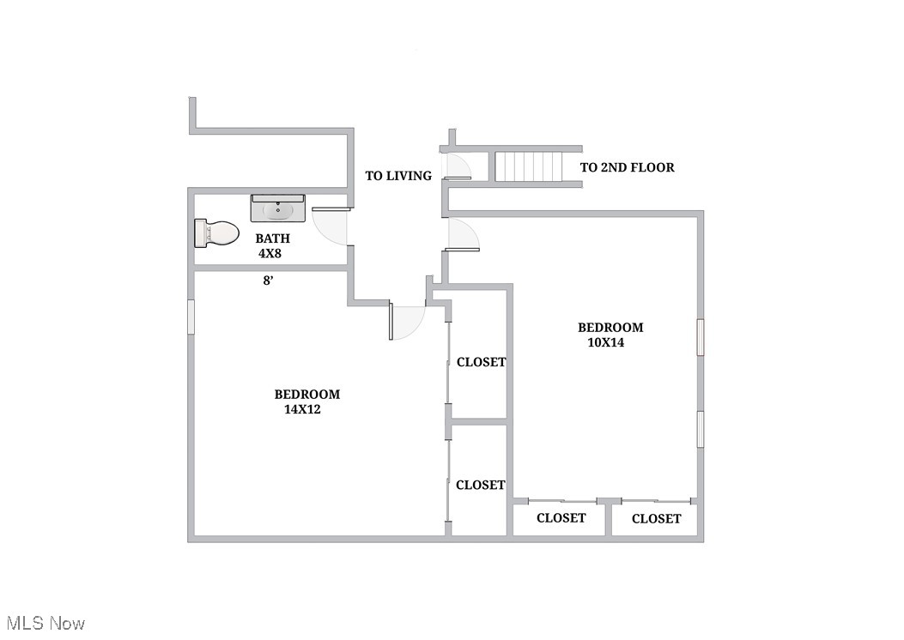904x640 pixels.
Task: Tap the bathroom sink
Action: [277, 208]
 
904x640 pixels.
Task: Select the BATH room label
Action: [272, 238]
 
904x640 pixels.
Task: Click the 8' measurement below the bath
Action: [269, 281]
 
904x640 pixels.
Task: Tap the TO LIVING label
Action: [398, 176]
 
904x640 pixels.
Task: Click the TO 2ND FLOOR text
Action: [627, 167]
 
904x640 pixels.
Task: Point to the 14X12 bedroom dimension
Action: [302, 409]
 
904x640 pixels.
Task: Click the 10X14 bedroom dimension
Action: [605, 342]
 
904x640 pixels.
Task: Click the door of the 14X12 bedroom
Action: [407, 319]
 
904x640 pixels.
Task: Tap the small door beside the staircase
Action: [455, 167]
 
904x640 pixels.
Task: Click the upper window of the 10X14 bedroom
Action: [701, 336]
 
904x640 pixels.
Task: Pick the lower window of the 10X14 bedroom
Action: [701, 429]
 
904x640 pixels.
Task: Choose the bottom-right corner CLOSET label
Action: [656, 518]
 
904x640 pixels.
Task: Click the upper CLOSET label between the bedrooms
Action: [481, 362]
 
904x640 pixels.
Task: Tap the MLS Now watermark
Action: [46, 623]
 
